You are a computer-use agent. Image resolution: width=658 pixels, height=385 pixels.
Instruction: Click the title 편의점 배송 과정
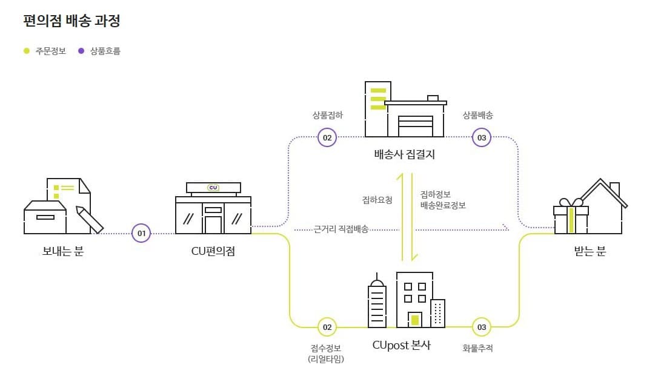pos(71,21)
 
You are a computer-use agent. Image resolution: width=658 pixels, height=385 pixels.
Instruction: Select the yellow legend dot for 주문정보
pos(26,51)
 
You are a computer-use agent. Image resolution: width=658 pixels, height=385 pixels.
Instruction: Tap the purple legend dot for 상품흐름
pos(81,51)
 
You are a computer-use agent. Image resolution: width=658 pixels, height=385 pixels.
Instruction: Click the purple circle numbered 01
pos(141,233)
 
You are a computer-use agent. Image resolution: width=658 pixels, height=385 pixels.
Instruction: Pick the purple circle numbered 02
pos(327,137)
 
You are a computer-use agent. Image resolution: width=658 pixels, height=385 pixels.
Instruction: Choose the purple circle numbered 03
pos(482,137)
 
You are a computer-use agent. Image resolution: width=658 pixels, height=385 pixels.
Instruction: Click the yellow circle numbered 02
pos(327,327)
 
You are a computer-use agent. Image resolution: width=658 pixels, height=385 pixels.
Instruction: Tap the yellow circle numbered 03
pos(482,327)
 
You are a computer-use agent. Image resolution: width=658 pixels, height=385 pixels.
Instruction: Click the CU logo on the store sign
pos(213,188)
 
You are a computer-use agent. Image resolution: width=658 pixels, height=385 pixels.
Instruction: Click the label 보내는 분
pos(63,251)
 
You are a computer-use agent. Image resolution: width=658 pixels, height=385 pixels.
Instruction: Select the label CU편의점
pos(213,251)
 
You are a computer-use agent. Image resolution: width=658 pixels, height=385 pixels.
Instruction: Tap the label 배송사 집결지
pos(405,154)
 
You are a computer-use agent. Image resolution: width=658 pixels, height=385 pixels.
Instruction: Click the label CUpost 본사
pos(402,345)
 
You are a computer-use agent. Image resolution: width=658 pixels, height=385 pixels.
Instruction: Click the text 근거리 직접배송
pos(341,229)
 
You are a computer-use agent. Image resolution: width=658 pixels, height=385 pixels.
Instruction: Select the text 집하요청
pos(377,200)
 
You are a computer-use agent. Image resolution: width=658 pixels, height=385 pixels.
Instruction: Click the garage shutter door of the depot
pos(415,126)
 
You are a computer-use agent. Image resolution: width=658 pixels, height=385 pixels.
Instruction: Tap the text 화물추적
pos(477,348)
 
